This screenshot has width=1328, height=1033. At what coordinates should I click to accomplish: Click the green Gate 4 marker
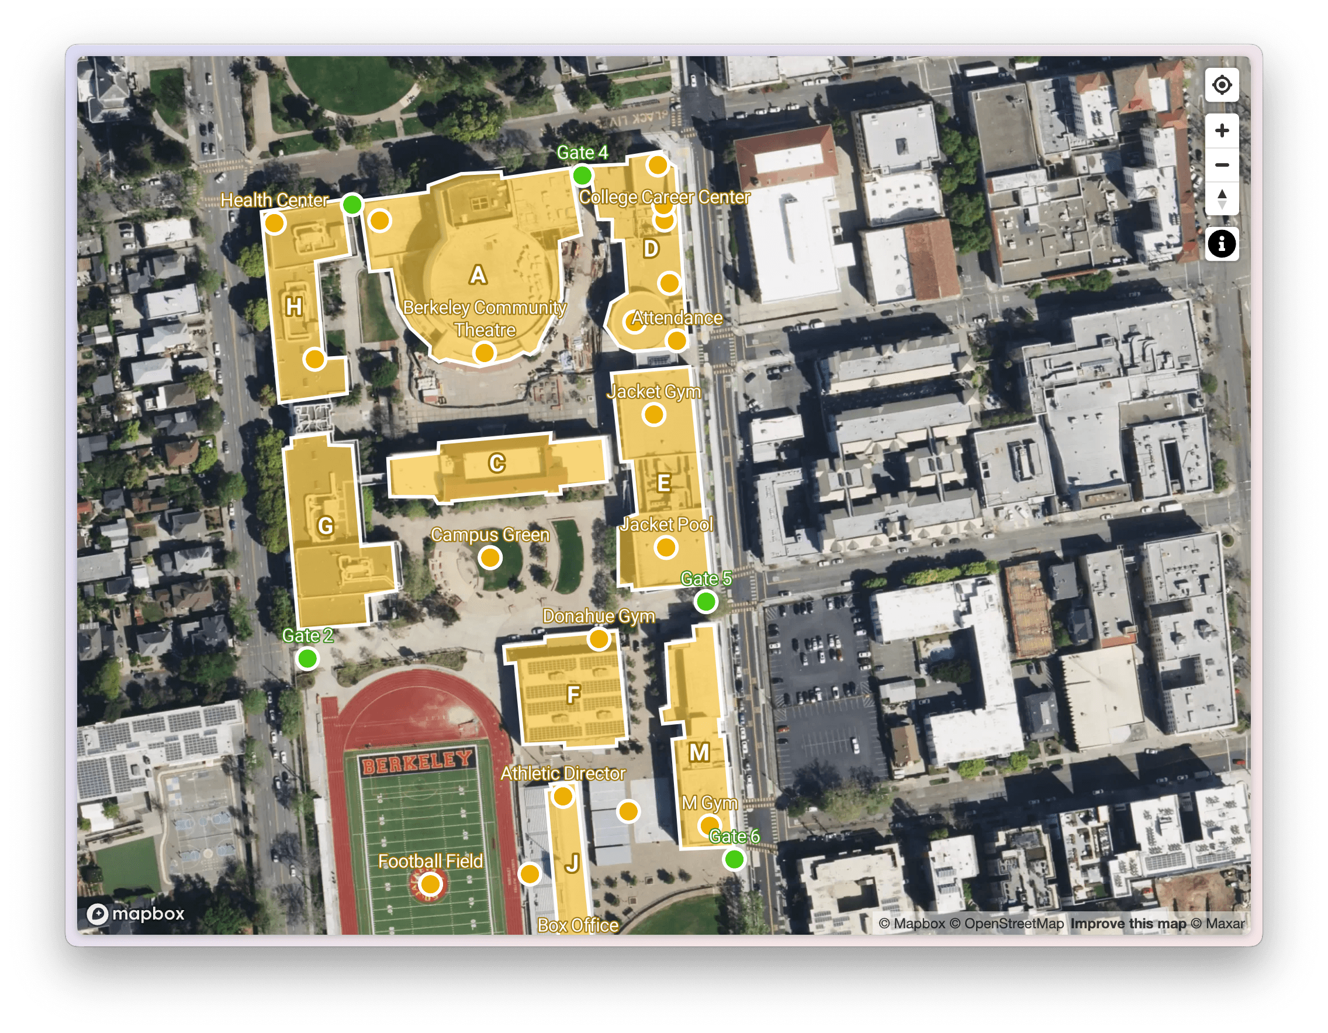[582, 175]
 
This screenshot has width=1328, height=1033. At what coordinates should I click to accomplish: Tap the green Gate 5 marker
[705, 602]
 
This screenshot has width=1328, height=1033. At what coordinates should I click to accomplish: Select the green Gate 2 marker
[307, 658]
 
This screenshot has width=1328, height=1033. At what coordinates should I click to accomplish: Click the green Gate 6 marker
[734, 859]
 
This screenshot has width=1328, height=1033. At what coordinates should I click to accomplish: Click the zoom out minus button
[1222, 165]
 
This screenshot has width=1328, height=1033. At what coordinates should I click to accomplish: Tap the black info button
[1222, 244]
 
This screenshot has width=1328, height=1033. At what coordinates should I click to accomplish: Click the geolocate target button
[1222, 85]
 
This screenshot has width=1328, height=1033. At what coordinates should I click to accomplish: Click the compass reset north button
[1222, 198]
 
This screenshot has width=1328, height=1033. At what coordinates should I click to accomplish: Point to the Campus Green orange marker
[489, 557]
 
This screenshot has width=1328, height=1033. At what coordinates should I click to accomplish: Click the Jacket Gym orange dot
[653, 415]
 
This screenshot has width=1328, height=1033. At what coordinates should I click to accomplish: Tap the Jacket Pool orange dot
[666, 548]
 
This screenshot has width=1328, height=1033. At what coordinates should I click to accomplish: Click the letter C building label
[497, 464]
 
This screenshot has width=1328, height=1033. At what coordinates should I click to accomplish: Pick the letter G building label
[326, 526]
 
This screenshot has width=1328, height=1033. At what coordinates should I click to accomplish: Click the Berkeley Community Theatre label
[485, 318]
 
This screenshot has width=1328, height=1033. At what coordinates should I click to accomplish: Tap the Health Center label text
[274, 199]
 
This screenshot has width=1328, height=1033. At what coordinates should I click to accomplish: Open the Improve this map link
[1128, 924]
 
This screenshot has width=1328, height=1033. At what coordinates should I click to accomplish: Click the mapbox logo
[136, 914]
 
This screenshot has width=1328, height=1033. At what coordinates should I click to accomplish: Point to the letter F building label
[573, 694]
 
